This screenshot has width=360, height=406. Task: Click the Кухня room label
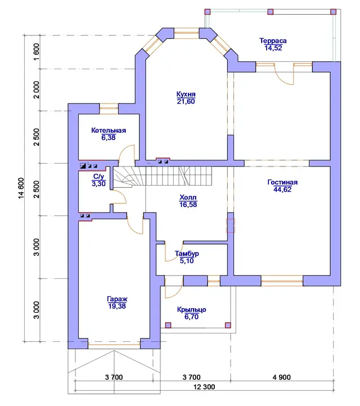pos(186,94)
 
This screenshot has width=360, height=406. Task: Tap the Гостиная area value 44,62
pos(282,190)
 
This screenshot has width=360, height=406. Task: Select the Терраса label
pos(273,40)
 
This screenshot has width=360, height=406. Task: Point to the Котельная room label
pos(109,130)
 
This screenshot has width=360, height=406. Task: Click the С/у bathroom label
pos(98,177)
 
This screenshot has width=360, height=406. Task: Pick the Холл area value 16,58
pos(188,205)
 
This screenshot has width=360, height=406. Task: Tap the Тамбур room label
pos(187,254)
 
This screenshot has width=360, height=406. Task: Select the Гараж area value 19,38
pos(117,306)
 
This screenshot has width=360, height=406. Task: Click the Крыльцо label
pos(191,310)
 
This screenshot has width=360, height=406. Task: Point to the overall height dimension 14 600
pos(21,188)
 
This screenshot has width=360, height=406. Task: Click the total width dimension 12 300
pos(204,387)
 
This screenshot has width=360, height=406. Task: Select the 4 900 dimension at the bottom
pos(281,377)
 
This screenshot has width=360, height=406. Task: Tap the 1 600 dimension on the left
pos(37,52)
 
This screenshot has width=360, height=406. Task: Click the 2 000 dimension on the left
pos(37,90)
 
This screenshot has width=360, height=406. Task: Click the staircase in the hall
pos(163,176)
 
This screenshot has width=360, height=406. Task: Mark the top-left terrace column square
pos(208,12)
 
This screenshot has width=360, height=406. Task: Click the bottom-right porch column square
pos(228,325)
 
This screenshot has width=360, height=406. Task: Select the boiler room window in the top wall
pos(109,109)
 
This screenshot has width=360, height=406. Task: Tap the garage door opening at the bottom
pos(114,344)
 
